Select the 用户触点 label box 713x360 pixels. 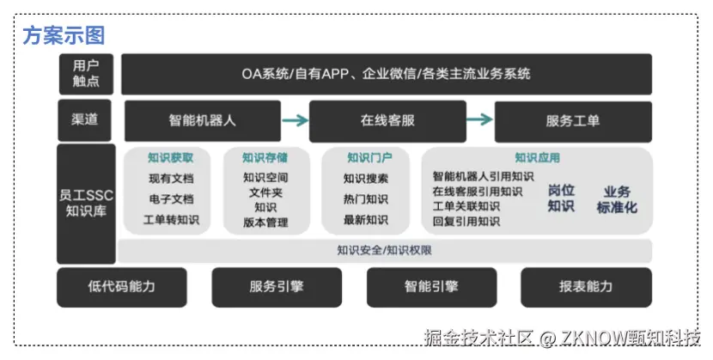pyautogui.click(x=86, y=73)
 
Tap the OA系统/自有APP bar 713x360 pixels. pyautogui.click(x=386, y=73)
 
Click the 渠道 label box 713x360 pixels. pyautogui.click(x=85, y=119)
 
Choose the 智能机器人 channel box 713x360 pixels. pyautogui.click(x=202, y=120)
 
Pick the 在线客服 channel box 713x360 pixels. pyautogui.click(x=387, y=120)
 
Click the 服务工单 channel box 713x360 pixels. pyautogui.click(x=572, y=120)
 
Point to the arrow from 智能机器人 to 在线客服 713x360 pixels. pyautogui.click(x=295, y=120)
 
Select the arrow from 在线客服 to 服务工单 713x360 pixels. pyautogui.click(x=479, y=120)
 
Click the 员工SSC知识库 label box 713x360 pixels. pyautogui.click(x=86, y=204)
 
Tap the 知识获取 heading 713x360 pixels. pyautogui.click(x=170, y=158)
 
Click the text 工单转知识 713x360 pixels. pyautogui.click(x=170, y=220)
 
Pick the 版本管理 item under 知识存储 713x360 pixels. pyautogui.click(x=265, y=223)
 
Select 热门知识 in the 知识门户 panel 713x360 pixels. pyautogui.click(x=365, y=199)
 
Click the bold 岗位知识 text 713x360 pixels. pyautogui.click(x=561, y=198)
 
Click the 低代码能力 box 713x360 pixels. pyautogui.click(x=121, y=287)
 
